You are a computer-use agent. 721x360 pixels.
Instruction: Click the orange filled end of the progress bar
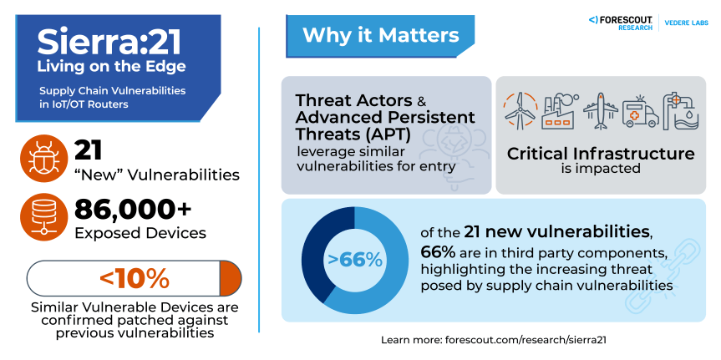click(x=230, y=277)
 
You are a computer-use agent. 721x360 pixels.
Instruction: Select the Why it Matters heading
click(x=380, y=35)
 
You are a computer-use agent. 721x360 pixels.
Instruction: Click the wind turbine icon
click(x=520, y=110)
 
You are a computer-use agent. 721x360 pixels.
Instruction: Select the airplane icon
click(x=602, y=110)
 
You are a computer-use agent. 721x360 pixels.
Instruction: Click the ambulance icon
click(x=641, y=112)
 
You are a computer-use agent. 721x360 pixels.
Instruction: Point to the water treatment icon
click(x=682, y=110)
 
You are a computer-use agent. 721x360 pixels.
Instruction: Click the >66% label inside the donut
click(x=355, y=260)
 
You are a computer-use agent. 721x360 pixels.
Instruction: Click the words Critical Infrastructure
click(x=601, y=154)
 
